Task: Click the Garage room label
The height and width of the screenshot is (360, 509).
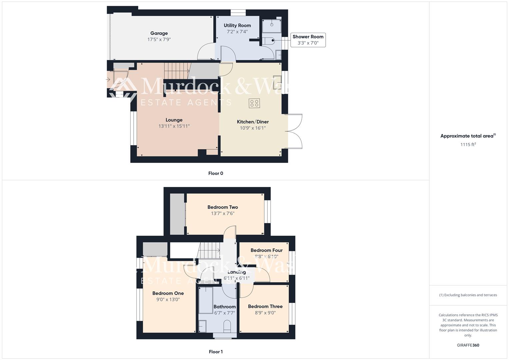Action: [159, 33]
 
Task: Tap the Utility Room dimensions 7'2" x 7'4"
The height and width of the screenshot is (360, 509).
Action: [237, 32]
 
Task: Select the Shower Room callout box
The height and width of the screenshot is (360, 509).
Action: [308, 40]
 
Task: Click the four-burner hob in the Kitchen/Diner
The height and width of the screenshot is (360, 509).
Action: [254, 103]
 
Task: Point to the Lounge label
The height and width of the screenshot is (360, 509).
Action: [174, 120]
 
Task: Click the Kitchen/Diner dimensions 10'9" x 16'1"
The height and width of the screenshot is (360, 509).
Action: [253, 128]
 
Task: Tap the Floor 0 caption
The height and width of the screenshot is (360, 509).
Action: [216, 173]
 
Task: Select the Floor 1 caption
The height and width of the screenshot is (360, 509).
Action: [216, 352]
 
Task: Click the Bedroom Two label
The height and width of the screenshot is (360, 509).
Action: [222, 207]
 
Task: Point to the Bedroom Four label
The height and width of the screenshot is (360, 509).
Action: [266, 250]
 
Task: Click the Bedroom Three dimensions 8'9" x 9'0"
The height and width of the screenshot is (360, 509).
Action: [265, 313]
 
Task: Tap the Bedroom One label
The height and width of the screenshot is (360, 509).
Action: [168, 293]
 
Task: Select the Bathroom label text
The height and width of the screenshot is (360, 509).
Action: [224, 307]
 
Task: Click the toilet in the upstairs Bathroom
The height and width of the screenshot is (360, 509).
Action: [227, 326]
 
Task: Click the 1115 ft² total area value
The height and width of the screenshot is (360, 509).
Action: [468, 144]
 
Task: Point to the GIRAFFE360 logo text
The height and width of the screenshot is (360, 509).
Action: [468, 345]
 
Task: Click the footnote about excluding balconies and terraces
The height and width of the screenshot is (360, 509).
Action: [468, 295]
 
